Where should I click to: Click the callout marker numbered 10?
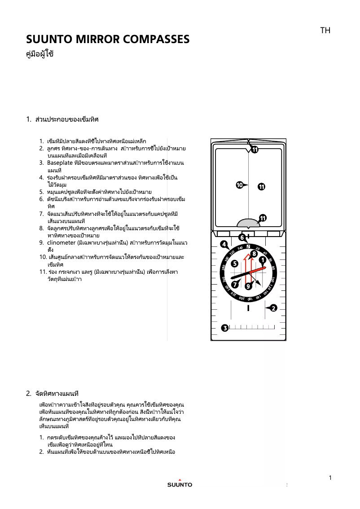pyautogui.click(x=240, y=184)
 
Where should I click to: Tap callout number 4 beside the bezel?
pyautogui.click(x=224, y=244)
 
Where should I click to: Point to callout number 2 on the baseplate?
pyautogui.click(x=273, y=308)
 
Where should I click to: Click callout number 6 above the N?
pyautogui.click(x=241, y=237)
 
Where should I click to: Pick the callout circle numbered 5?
pyautogui.click(x=234, y=264)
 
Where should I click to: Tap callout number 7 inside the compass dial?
pyautogui.click(x=235, y=284)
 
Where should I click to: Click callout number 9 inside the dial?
pyautogui.click(x=248, y=285)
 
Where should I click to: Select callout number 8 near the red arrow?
pyautogui.click(x=254, y=254)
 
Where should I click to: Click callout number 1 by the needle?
pyautogui.click(x=263, y=259)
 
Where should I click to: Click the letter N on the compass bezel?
pyautogui.click(x=248, y=246)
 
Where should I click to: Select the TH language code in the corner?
pyautogui.click(x=325, y=31)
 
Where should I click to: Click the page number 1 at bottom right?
pyautogui.click(x=330, y=478)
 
